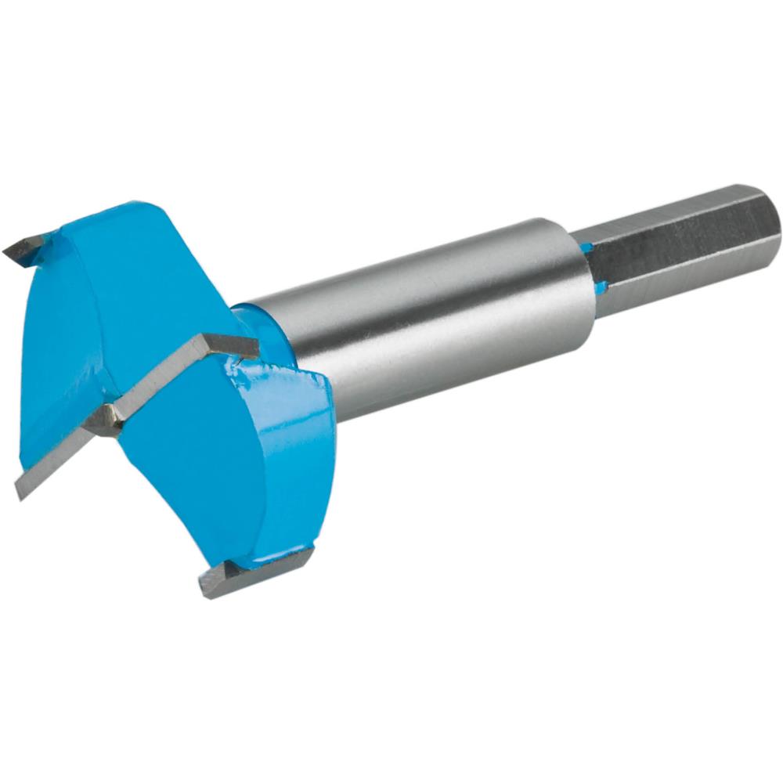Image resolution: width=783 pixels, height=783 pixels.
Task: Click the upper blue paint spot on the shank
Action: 588,248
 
